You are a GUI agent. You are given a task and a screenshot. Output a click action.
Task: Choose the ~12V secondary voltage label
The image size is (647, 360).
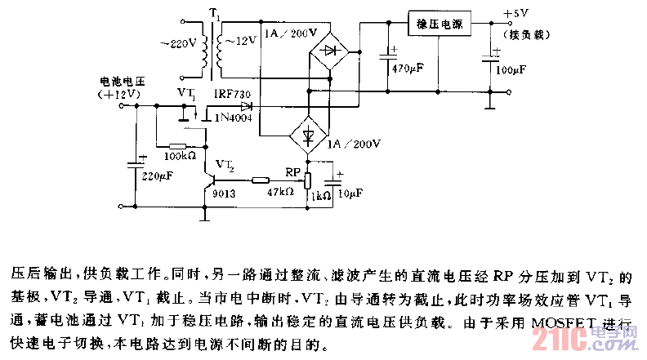coord(242,40)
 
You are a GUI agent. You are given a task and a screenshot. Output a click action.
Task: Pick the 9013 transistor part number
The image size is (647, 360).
coord(224,196)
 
